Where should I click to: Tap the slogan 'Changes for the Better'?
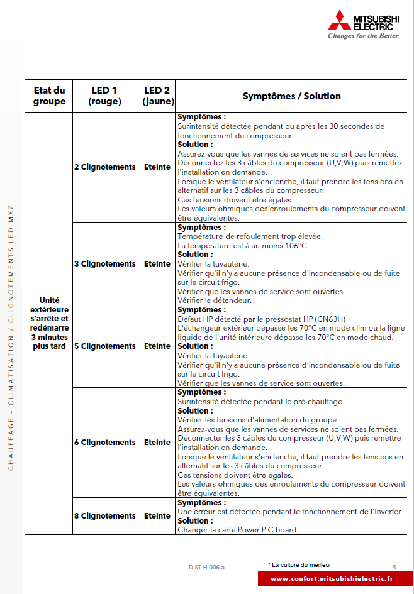tap(363, 36)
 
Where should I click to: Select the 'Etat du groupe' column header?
tap(49, 96)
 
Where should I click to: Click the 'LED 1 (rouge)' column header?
tap(104, 96)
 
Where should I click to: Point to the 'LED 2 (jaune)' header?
tap(157, 96)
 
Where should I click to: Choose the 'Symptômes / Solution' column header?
tap(291, 96)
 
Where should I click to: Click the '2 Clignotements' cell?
tap(104, 167)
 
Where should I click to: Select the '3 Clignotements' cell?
tap(104, 264)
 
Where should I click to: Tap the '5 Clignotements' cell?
tap(104, 346)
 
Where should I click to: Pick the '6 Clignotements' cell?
tap(104, 443)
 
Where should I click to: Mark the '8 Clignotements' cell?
tap(104, 516)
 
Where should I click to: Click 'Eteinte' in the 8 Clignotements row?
tap(157, 516)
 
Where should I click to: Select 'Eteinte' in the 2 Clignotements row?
tap(157, 167)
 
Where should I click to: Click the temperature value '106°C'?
tap(296, 246)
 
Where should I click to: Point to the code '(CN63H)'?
tap(318, 319)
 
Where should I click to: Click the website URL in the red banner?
tap(332, 579)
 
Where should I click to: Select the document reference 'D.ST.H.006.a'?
tap(206, 567)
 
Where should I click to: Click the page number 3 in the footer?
tap(394, 567)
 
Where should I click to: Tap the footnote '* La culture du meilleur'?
tap(299, 564)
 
